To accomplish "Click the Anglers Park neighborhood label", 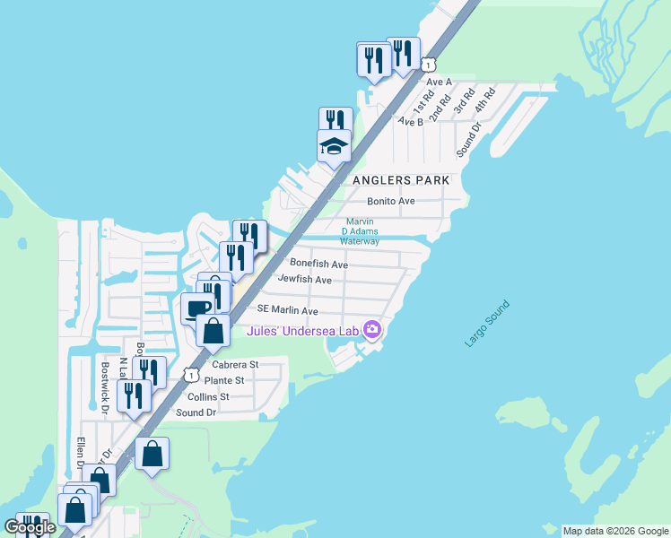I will point(400,180).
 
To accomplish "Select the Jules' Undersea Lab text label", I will point(303,332).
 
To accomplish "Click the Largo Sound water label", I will point(487,325).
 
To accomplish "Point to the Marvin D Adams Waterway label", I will point(360,232).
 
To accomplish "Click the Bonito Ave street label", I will point(391,201).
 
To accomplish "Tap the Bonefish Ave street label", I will point(318,265).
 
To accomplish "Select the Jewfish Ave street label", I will point(305,280).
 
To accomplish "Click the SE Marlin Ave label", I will point(288,310).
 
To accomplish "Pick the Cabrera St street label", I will point(235,365).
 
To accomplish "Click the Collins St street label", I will point(208,396).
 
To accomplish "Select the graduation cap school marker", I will point(334,145).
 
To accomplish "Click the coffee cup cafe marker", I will point(197,309).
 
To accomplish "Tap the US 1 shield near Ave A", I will point(430,65).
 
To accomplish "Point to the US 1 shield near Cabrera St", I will point(191,374).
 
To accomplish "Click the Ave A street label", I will point(439,82).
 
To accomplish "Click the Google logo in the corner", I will point(30,527).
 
